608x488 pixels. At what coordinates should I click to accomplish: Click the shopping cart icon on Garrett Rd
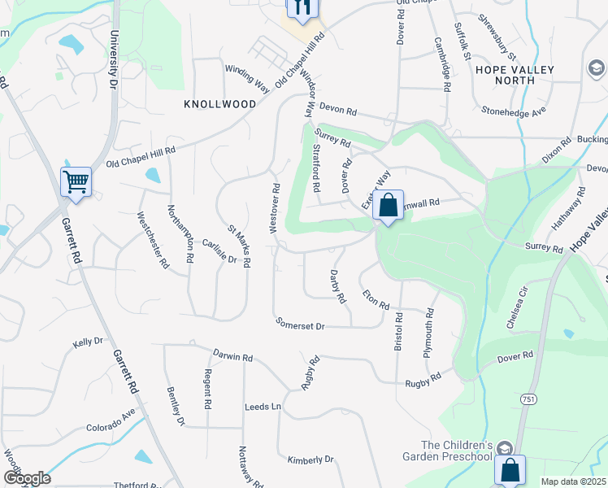click(76, 181)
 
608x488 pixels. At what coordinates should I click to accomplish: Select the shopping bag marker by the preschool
click(510, 469)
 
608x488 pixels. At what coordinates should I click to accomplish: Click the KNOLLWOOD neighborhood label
click(219, 104)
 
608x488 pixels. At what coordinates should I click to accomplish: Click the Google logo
click(26, 477)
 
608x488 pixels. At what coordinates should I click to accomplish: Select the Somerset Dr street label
click(300, 325)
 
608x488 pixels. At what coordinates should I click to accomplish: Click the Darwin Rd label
click(233, 355)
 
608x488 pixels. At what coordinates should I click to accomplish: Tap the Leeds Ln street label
click(263, 406)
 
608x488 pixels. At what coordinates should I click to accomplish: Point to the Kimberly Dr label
click(311, 460)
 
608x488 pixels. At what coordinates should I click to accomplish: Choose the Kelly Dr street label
click(89, 343)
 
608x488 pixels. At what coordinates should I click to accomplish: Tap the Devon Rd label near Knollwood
click(338, 110)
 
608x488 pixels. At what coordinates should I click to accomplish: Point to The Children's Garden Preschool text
click(457, 451)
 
